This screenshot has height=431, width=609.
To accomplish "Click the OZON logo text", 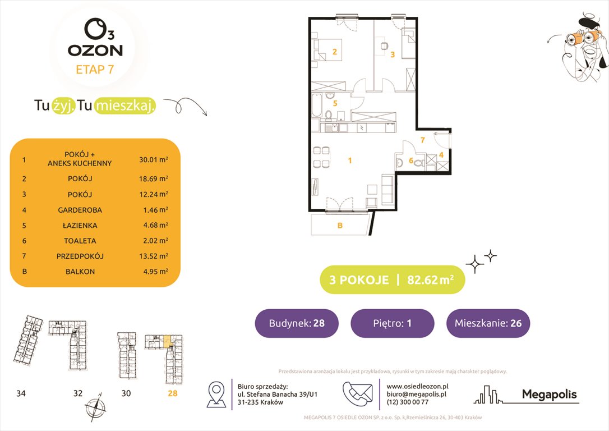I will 95,50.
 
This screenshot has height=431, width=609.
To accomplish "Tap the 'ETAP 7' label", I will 95,70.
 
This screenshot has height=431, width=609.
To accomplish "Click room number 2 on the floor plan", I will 334,53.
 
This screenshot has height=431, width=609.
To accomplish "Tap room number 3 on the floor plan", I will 393,54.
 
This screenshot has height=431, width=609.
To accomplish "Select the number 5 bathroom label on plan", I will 335,103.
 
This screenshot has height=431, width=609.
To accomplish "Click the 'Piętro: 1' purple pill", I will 392,323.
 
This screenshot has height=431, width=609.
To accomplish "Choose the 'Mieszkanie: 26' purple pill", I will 488,323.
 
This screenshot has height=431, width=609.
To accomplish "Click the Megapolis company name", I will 549,395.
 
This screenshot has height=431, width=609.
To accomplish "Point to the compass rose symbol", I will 94,406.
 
